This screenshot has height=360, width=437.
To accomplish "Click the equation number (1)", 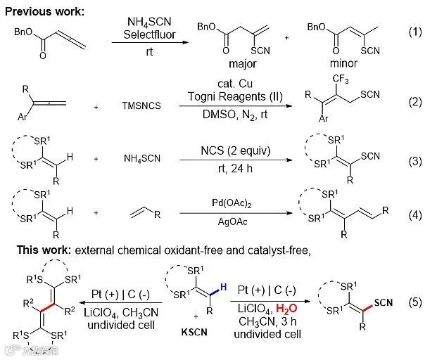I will pos(415,34).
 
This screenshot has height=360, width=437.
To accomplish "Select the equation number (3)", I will pos(415,162).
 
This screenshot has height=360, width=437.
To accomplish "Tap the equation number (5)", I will pos(415,302).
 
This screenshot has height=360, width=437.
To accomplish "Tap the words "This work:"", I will pos(32,250).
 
